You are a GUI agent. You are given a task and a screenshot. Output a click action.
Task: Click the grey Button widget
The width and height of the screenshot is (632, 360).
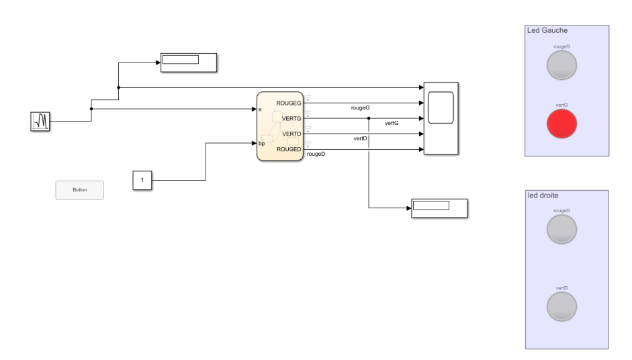79,190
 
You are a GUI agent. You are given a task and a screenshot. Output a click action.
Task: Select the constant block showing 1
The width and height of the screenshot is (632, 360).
142,180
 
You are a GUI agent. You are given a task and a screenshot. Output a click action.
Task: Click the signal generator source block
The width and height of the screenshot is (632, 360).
40,121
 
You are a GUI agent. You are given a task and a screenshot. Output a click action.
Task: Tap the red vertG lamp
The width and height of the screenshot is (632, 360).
561,124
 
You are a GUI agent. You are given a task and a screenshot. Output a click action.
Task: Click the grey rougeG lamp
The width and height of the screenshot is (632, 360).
561,65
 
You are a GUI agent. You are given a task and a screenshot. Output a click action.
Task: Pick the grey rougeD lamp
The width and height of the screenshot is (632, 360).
561,229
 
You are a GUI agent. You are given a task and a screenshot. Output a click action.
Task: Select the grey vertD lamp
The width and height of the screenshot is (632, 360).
561,307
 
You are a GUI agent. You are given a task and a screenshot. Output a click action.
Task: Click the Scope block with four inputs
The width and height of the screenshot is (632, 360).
441,118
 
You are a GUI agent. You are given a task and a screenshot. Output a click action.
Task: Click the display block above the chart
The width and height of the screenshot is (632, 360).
188,62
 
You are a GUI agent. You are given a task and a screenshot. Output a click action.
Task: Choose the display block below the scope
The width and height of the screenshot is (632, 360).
439,208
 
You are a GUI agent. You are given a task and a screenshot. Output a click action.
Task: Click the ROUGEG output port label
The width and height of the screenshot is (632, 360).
289,103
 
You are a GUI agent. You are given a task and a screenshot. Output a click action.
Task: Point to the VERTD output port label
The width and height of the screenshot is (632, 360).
291,134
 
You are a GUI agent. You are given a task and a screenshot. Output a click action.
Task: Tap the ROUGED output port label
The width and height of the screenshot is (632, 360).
289,149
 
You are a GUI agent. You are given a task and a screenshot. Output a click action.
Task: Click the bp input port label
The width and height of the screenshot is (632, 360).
262,143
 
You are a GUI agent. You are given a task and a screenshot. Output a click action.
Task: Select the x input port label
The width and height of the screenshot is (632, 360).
260,109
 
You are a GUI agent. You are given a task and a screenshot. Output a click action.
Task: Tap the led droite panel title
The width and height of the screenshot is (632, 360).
543,195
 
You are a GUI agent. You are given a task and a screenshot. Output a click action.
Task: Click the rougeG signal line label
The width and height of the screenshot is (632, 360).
361,107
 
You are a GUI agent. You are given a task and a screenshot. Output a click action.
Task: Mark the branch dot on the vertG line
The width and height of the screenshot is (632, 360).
369,118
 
